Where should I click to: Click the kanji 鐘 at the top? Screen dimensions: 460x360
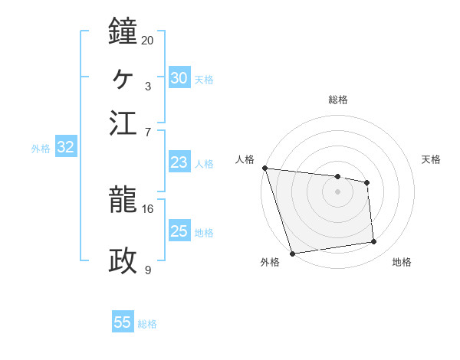pyautogui.click(x=123, y=31)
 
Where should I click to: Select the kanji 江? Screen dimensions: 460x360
pyautogui.click(x=123, y=123)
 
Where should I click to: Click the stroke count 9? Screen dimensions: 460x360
pyautogui.click(x=147, y=270)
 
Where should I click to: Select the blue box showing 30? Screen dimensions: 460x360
pyautogui.click(x=179, y=78)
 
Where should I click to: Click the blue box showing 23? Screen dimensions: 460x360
pyautogui.click(x=179, y=162)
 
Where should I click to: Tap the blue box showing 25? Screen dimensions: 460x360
pyautogui.click(x=179, y=231)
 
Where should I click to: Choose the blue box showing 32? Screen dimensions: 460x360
pyautogui.click(x=65, y=148)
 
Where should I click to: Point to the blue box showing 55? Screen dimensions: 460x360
pyautogui.click(x=123, y=322)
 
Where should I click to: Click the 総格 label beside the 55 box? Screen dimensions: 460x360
pyautogui.click(x=147, y=324)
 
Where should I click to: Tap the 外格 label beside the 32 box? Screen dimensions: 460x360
pyautogui.click(x=41, y=149)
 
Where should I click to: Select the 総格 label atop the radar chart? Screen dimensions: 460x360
pyautogui.click(x=337, y=100)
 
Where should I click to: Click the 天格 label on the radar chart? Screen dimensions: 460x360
pyautogui.click(x=431, y=159)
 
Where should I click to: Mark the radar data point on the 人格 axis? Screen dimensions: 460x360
pyautogui.click(x=264, y=168)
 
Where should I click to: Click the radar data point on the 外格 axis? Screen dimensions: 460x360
pyautogui.click(x=292, y=254)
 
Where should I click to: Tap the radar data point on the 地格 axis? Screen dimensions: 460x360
pyautogui.click(x=374, y=242)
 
